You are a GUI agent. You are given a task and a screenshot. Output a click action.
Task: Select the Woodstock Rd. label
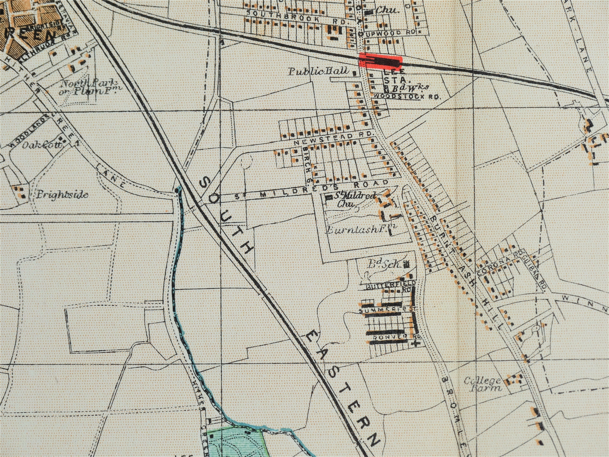point(407,97)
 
